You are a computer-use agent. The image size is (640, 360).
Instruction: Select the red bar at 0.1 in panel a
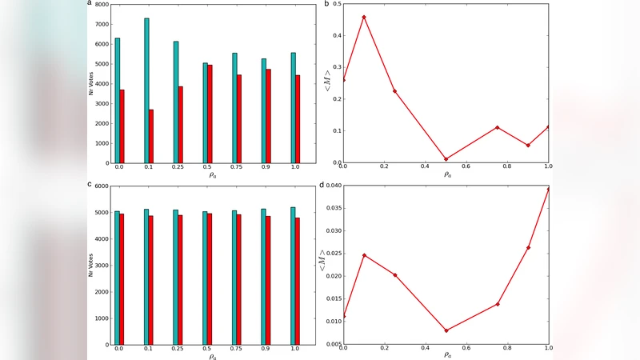pyautogui.click(x=151, y=136)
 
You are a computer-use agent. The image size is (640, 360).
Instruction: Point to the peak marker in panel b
pyautogui.click(x=364, y=17)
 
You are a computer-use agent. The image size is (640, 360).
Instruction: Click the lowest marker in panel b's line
pyautogui.click(x=446, y=159)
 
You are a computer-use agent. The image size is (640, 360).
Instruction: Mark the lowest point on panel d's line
pyautogui.click(x=446, y=330)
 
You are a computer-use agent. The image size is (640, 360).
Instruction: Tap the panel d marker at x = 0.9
pyautogui.click(x=528, y=248)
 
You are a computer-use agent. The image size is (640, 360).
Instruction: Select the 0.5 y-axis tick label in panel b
pyautogui.click(x=334, y=5)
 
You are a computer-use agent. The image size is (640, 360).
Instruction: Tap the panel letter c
pyautogui.click(x=90, y=184)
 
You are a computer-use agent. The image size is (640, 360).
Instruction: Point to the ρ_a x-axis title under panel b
pyautogui.click(x=446, y=174)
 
